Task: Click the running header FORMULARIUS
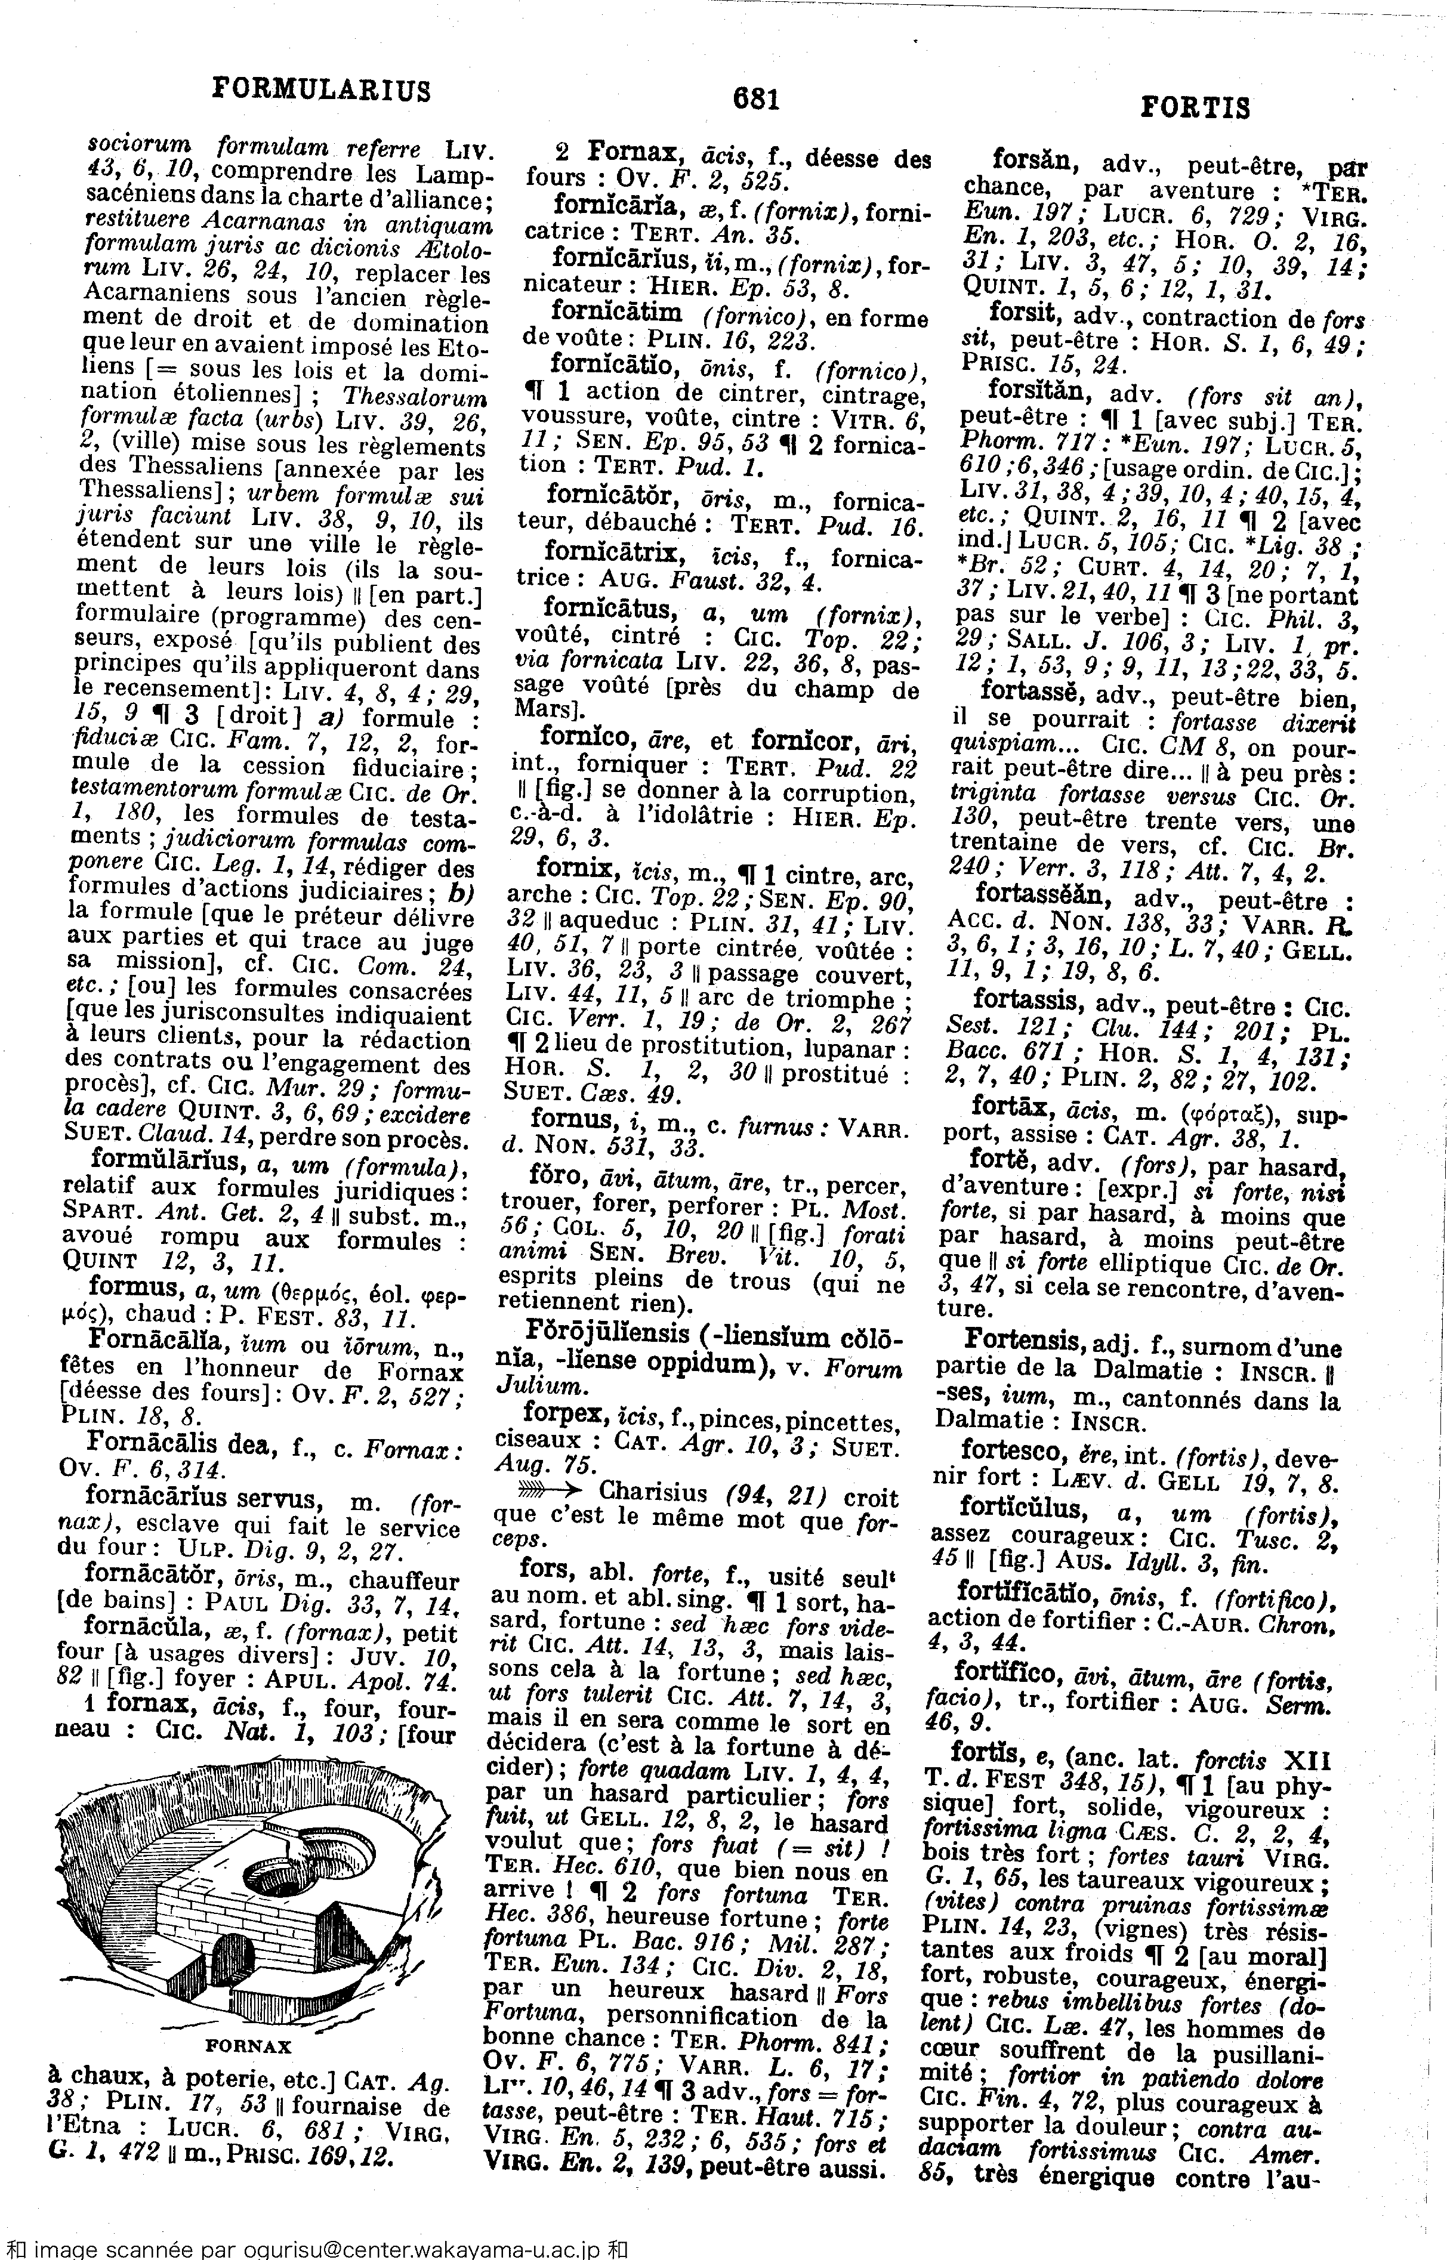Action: tap(322, 89)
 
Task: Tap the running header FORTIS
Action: tap(1195, 109)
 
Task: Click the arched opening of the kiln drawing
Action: tap(231, 1971)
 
